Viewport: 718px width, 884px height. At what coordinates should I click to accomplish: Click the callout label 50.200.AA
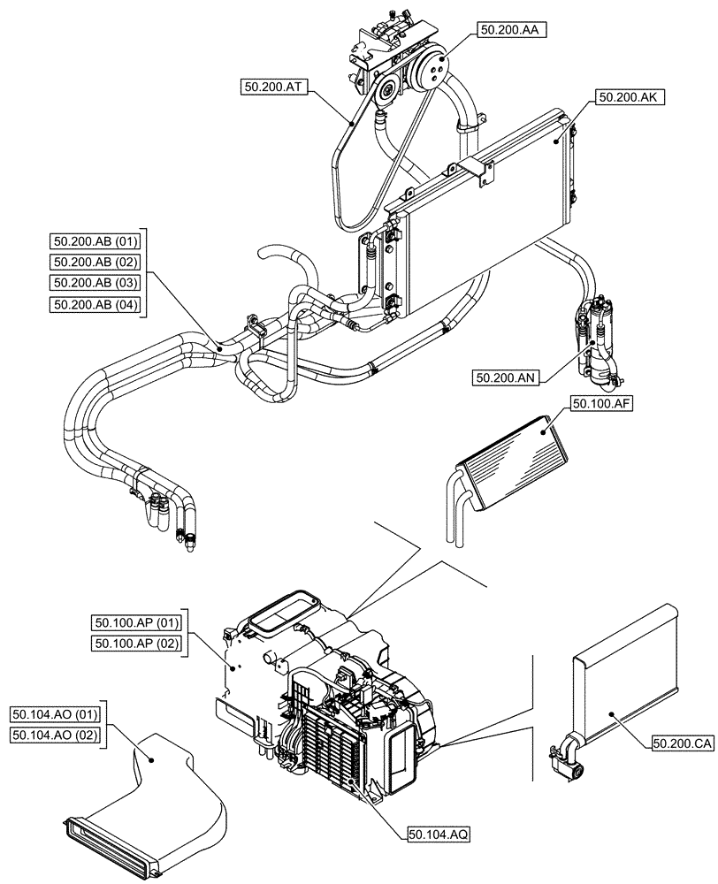point(512,29)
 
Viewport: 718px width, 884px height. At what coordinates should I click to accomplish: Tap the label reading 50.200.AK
point(624,99)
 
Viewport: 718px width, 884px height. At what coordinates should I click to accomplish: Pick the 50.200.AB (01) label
point(97,240)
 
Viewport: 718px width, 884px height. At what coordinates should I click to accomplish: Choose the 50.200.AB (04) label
point(97,306)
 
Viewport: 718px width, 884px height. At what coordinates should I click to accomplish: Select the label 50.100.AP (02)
point(136,644)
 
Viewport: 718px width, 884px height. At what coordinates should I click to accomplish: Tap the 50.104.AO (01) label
point(57,713)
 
